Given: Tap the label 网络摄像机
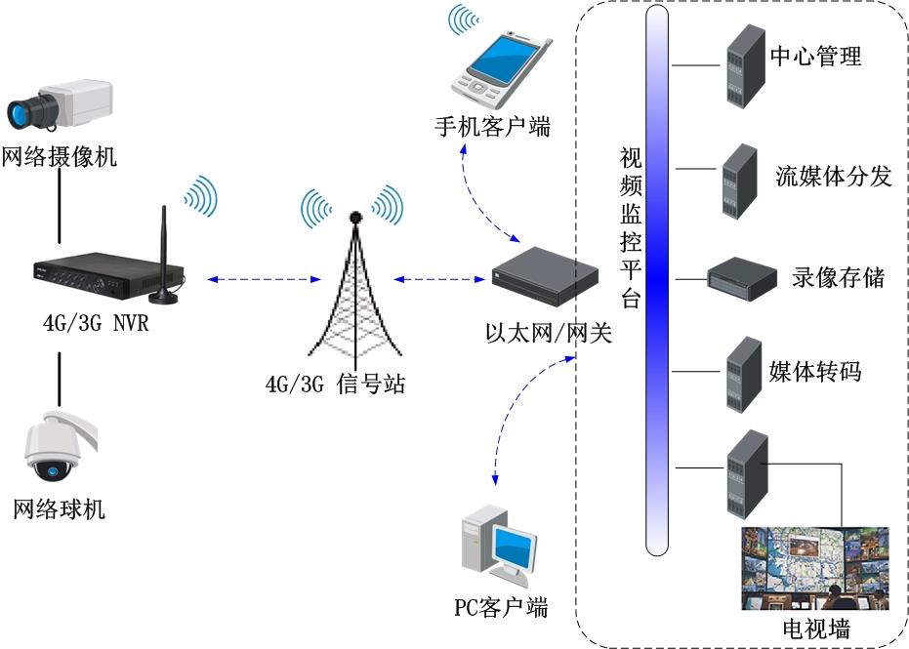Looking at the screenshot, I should (60, 157).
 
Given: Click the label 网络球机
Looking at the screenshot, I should (60, 508).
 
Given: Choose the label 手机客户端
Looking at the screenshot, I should (493, 127).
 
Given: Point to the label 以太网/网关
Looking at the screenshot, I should (549, 334).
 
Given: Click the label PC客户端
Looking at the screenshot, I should (501, 607).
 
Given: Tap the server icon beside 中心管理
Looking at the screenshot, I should (741, 66).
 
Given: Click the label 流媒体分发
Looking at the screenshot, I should (834, 176).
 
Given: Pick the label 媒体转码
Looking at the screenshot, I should (815, 371).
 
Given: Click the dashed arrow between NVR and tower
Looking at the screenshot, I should (264, 280).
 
